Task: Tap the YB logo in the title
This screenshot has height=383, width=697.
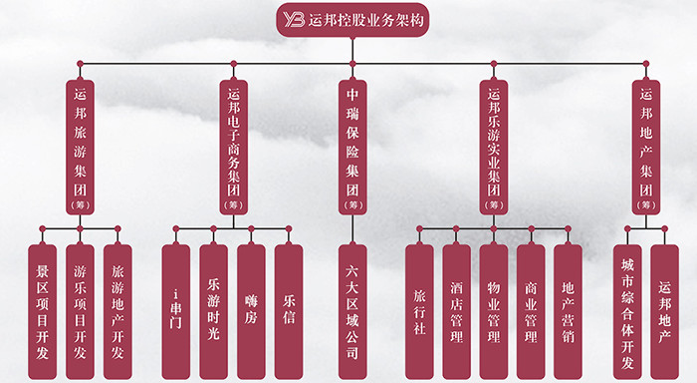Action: point(295,19)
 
